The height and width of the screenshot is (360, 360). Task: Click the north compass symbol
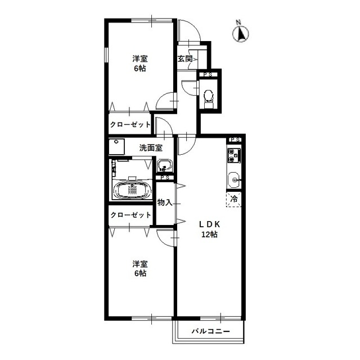(x=241, y=33)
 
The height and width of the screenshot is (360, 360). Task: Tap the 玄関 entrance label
(x=185, y=58)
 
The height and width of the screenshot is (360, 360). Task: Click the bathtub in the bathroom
(x=132, y=190)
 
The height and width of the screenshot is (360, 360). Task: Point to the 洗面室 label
(x=151, y=148)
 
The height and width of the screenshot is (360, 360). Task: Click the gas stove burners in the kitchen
(x=234, y=155)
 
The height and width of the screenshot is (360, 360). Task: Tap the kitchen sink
(x=234, y=180)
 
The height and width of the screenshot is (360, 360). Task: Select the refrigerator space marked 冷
(x=234, y=199)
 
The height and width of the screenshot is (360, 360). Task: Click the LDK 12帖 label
(x=209, y=229)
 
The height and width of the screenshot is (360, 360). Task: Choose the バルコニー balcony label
(x=211, y=331)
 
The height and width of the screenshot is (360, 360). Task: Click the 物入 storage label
(x=165, y=202)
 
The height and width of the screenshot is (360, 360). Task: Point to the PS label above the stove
(x=235, y=139)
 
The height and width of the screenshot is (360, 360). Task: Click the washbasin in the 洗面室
(x=164, y=165)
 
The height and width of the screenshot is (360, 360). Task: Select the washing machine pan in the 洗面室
(x=116, y=146)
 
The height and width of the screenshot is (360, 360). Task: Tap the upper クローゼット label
(x=130, y=125)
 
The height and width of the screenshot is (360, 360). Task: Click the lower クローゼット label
(x=130, y=215)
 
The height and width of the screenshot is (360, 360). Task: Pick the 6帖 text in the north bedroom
(x=140, y=69)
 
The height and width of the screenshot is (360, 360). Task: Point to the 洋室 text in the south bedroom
(x=140, y=264)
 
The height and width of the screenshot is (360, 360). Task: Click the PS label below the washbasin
(x=165, y=178)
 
